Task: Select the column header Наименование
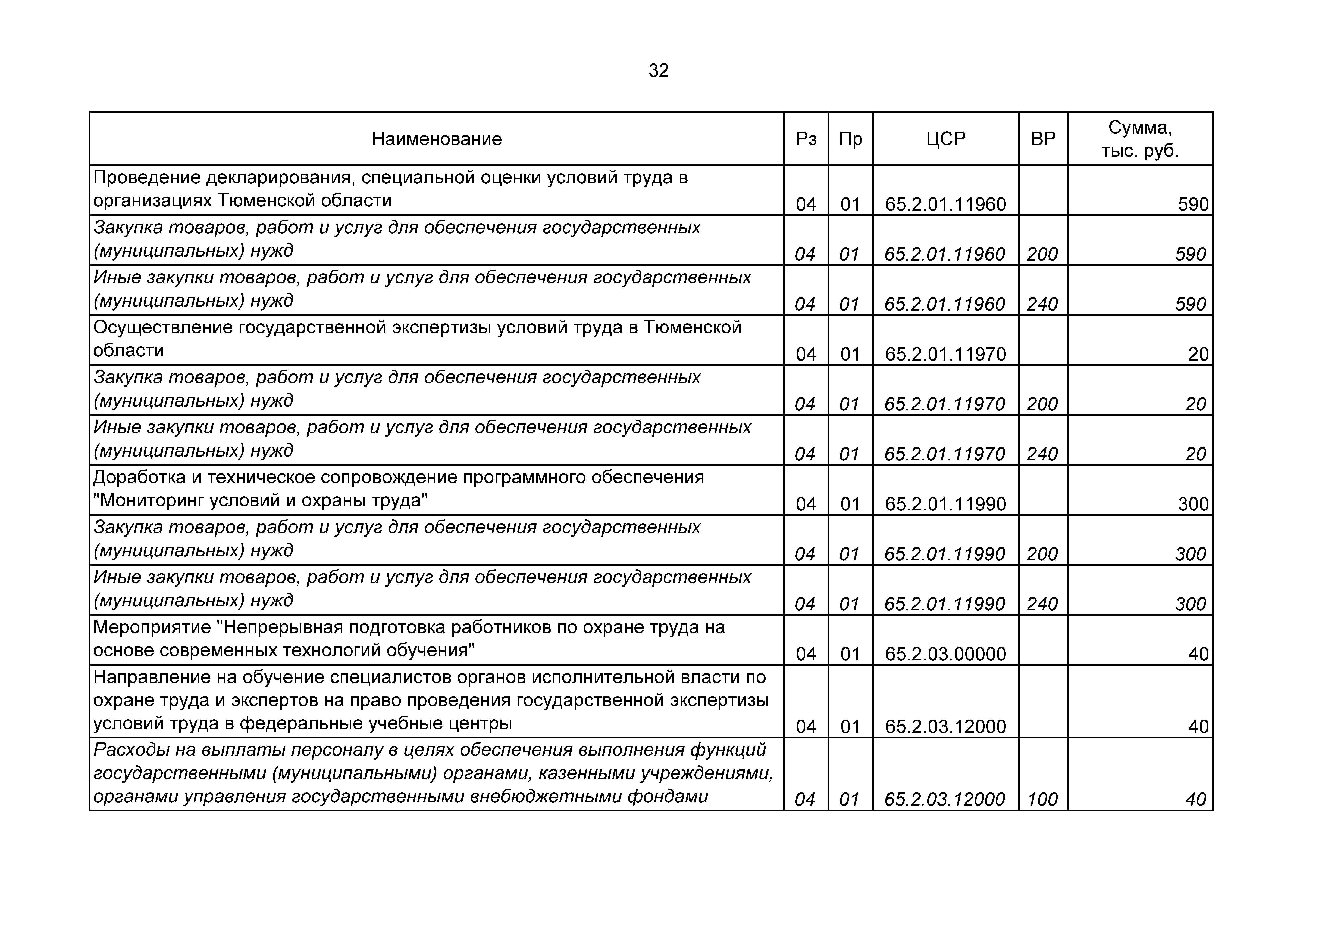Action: [437, 139]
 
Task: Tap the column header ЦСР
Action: [946, 139]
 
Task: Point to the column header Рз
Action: [806, 139]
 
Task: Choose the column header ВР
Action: [1043, 139]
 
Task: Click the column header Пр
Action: [850, 139]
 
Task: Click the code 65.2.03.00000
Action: [946, 654]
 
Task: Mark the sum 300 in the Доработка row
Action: [1193, 504]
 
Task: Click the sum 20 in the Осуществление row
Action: [1198, 354]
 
